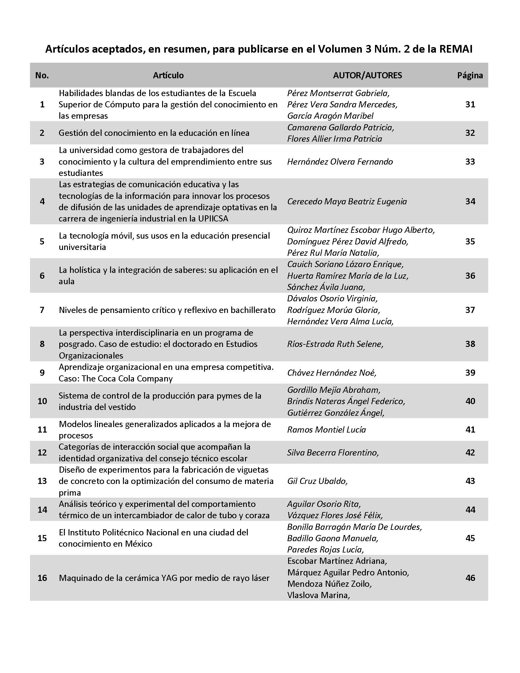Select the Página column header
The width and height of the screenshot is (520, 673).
pos(470,75)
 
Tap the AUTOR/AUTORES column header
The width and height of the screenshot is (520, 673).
pos(367,75)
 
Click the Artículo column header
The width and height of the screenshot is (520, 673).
pos(168,75)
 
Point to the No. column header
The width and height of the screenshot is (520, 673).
pos(42,75)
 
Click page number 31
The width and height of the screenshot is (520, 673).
pos(470,104)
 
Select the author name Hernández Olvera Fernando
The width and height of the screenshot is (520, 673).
pos(340,162)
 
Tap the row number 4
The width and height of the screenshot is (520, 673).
pos(42,202)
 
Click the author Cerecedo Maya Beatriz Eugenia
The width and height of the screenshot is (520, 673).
pos(347,202)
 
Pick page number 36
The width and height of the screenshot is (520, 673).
pos(470,276)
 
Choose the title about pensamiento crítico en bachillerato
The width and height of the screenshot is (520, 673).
pos(167,310)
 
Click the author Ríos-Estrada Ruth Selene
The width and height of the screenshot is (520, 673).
pos(335,344)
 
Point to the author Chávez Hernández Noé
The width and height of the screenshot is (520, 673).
pos(332,373)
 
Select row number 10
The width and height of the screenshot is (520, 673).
pos(42,401)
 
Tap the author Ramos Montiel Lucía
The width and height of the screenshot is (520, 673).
pos(327,429)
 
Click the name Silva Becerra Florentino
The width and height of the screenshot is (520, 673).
pos(333,452)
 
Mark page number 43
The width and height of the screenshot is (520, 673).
pos(470,481)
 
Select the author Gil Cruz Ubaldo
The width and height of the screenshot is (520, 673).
pos(317,481)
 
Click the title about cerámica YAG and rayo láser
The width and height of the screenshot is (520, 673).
pos(164,578)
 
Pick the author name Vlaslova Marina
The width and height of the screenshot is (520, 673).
pos(318,595)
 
